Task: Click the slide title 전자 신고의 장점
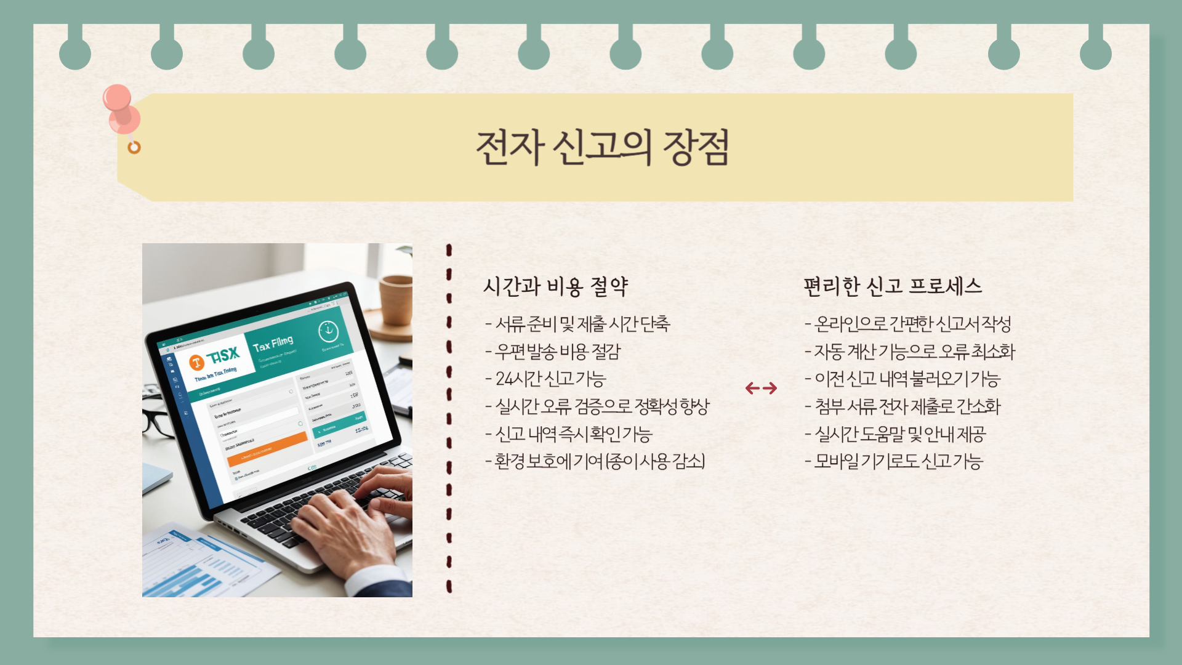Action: click(603, 148)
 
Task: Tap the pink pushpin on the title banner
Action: click(121, 108)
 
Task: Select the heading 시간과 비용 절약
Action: click(555, 286)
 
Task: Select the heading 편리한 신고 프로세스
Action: click(892, 286)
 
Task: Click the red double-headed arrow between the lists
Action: click(761, 388)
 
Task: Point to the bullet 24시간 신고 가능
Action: click(550, 379)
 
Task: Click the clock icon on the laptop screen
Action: click(328, 332)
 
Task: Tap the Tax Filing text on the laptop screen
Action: click(273, 344)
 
